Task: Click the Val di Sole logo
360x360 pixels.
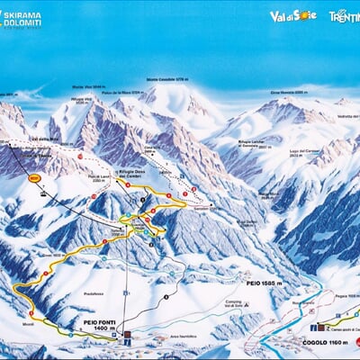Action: tap(293, 15)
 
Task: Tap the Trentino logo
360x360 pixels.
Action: tap(344, 15)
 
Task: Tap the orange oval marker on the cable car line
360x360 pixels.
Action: tap(36, 178)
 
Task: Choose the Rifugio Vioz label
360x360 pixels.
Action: tap(83, 101)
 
